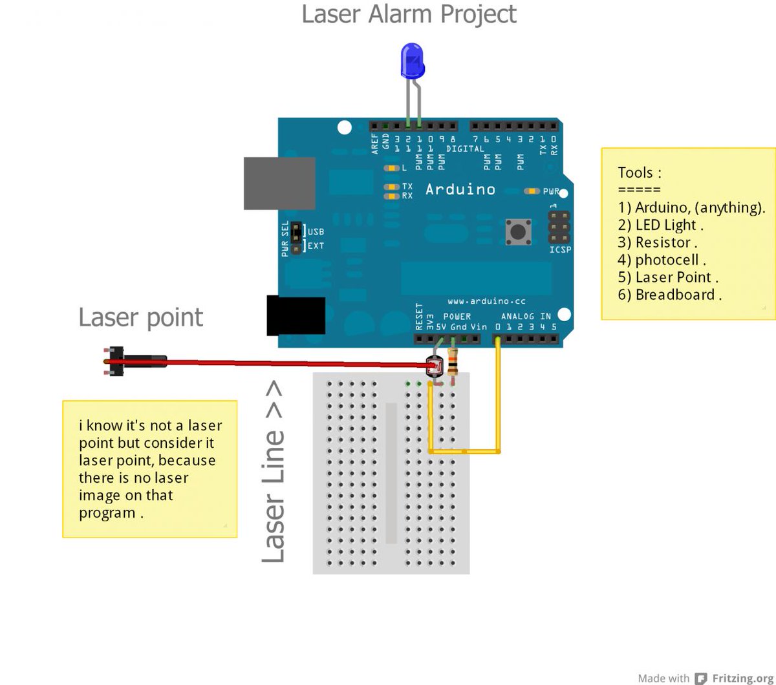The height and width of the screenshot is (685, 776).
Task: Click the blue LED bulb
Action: tap(412, 60)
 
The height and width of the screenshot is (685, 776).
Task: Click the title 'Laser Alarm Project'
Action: tap(409, 14)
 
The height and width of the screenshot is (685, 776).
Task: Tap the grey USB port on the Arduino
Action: tap(279, 183)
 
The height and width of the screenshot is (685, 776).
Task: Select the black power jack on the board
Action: tap(296, 315)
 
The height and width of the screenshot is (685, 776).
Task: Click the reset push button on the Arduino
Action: tap(518, 232)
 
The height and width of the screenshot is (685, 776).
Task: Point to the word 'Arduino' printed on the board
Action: tap(460, 189)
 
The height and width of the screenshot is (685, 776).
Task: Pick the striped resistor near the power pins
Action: tap(452, 362)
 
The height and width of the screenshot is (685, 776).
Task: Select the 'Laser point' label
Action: tap(140, 317)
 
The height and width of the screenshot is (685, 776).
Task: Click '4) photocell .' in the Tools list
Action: tap(662, 260)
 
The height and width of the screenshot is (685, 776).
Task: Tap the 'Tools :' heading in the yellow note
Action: tap(640, 173)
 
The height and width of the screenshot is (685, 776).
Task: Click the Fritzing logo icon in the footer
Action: tap(700, 678)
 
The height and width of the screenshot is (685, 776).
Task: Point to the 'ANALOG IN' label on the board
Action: tap(526, 316)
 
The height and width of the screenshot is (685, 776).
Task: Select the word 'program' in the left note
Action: tap(107, 513)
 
